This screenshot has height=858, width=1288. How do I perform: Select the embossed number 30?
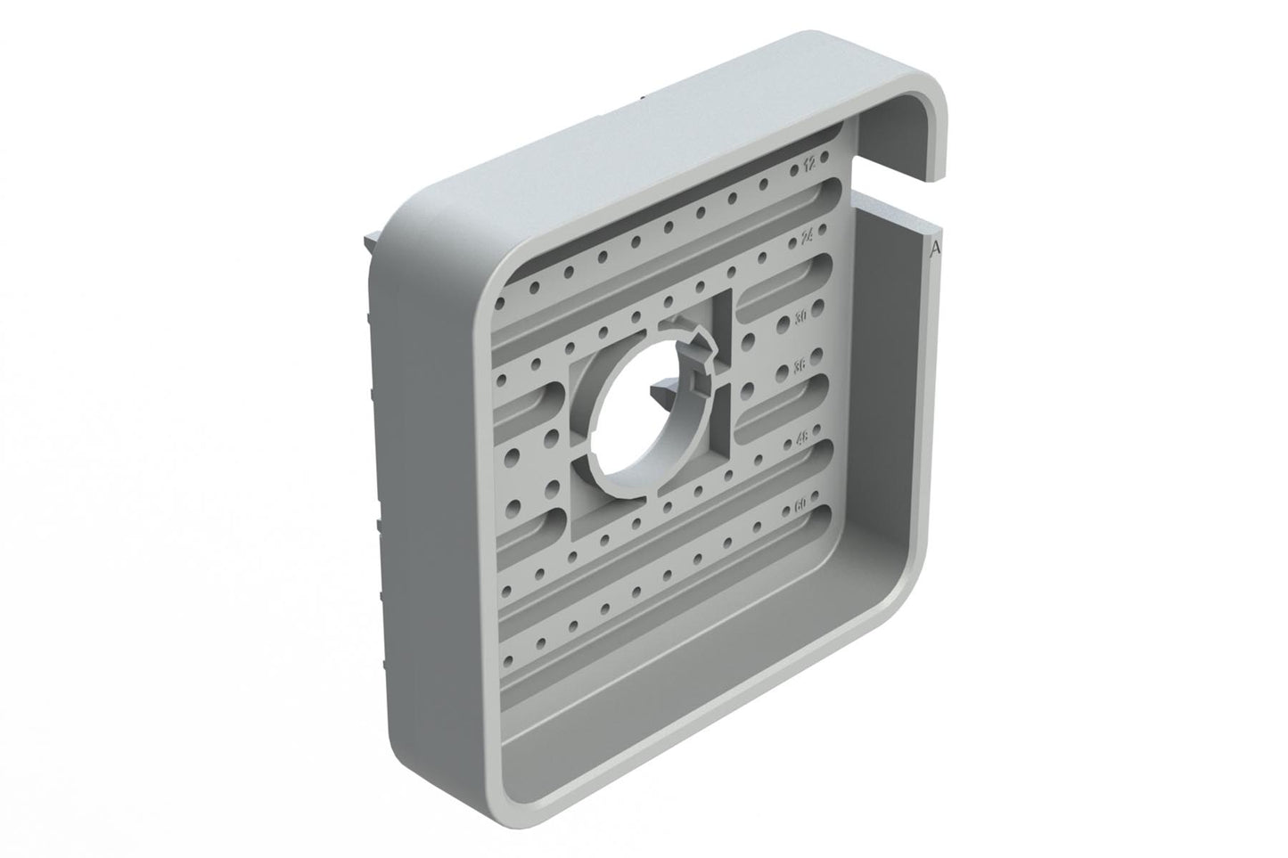coord(801,316)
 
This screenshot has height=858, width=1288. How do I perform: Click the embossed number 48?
coord(800,437)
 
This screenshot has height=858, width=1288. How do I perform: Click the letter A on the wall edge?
coord(934,251)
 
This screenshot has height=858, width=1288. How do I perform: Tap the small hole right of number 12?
coord(825,157)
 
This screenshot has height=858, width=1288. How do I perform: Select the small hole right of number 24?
coord(824,233)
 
